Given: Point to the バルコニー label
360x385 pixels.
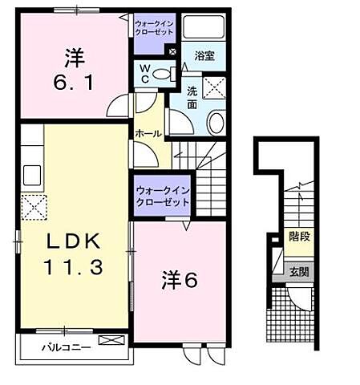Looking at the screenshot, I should pyautogui.click(x=67, y=347).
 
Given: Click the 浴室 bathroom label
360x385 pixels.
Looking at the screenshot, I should pyautogui.click(x=203, y=55).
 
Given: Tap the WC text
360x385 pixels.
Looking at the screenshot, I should pyautogui.click(x=144, y=74).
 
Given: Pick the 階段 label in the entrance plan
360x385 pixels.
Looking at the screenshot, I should pyautogui.click(x=301, y=237).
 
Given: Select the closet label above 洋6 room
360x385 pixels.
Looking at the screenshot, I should pyautogui.click(x=162, y=196).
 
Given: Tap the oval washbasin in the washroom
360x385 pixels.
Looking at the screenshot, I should pyautogui.click(x=216, y=122).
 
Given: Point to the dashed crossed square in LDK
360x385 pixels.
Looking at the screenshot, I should pyautogui.click(x=33, y=207).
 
